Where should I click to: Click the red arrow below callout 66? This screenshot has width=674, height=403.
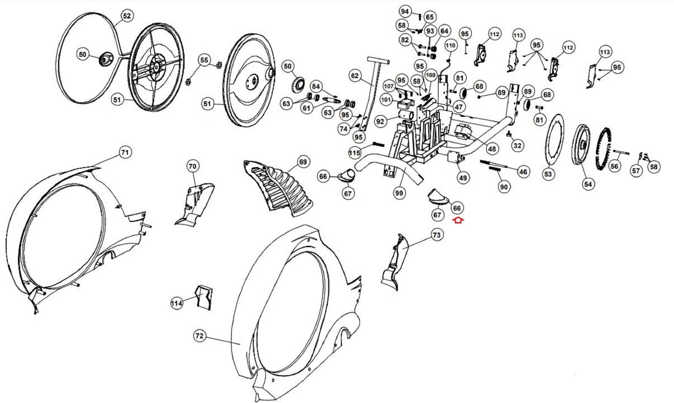(x=458, y=220)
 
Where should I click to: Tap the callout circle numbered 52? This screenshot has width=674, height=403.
(x=126, y=16)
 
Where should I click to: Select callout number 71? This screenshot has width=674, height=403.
(x=125, y=152)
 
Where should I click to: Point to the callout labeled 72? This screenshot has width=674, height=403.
(x=199, y=336)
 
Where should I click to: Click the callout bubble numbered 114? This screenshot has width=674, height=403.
(x=177, y=303)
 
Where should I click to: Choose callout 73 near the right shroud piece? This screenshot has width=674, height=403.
(x=436, y=235)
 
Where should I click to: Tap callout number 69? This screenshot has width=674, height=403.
(x=303, y=162)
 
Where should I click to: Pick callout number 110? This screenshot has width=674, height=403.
(x=451, y=46)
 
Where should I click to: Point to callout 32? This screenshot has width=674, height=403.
(x=517, y=146)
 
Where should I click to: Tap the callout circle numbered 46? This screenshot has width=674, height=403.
(x=523, y=172)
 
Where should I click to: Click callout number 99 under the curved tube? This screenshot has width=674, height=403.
(x=399, y=193)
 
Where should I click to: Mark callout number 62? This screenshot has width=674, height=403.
(x=355, y=76)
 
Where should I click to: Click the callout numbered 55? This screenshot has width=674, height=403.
(x=204, y=60)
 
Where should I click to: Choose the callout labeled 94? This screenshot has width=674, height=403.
(x=405, y=11)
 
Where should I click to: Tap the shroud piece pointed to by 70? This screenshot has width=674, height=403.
(x=195, y=202)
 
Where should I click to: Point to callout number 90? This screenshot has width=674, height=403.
(x=504, y=186)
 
